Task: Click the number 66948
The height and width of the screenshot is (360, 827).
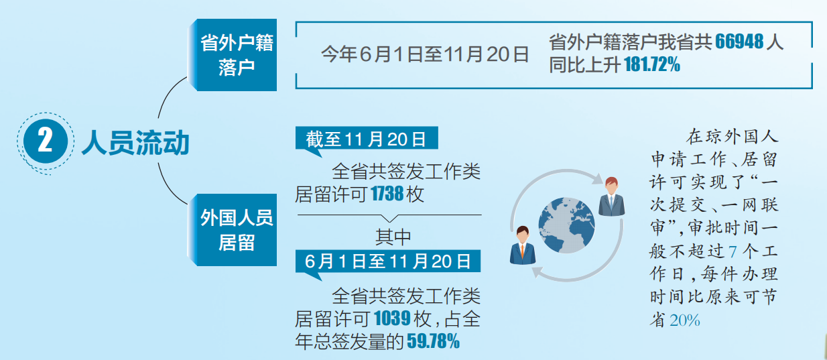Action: click(x=739, y=42)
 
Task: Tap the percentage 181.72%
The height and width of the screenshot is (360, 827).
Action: click(x=652, y=64)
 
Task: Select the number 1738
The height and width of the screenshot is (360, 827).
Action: click(x=387, y=194)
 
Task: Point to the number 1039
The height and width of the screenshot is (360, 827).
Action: click(x=392, y=318)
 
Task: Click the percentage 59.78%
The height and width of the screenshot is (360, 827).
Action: click(x=434, y=341)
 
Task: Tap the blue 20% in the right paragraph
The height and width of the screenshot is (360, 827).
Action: click(x=685, y=320)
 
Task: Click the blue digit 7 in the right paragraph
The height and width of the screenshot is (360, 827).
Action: click(x=733, y=252)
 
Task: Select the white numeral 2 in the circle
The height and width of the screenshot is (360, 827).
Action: click(x=46, y=141)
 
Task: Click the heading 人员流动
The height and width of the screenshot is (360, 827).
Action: click(x=135, y=142)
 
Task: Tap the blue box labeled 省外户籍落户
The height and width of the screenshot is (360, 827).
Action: click(x=233, y=55)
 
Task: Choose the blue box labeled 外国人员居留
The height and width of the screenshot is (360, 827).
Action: click(x=233, y=230)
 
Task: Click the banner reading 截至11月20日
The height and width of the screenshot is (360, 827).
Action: click(x=367, y=139)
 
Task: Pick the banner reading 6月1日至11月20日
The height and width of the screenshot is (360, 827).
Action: click(x=387, y=261)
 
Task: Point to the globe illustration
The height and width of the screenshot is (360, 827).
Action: click(x=566, y=225)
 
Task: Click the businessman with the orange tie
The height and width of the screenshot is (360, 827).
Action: click(x=523, y=245)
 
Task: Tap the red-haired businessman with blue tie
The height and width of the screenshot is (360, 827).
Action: click(x=611, y=196)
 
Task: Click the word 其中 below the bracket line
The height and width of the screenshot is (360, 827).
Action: click(x=393, y=237)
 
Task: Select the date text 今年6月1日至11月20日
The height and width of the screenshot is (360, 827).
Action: click(x=425, y=55)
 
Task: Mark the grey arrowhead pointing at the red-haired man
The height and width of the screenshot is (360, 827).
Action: click(x=596, y=178)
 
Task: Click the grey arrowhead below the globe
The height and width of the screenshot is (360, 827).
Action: click(x=538, y=273)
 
